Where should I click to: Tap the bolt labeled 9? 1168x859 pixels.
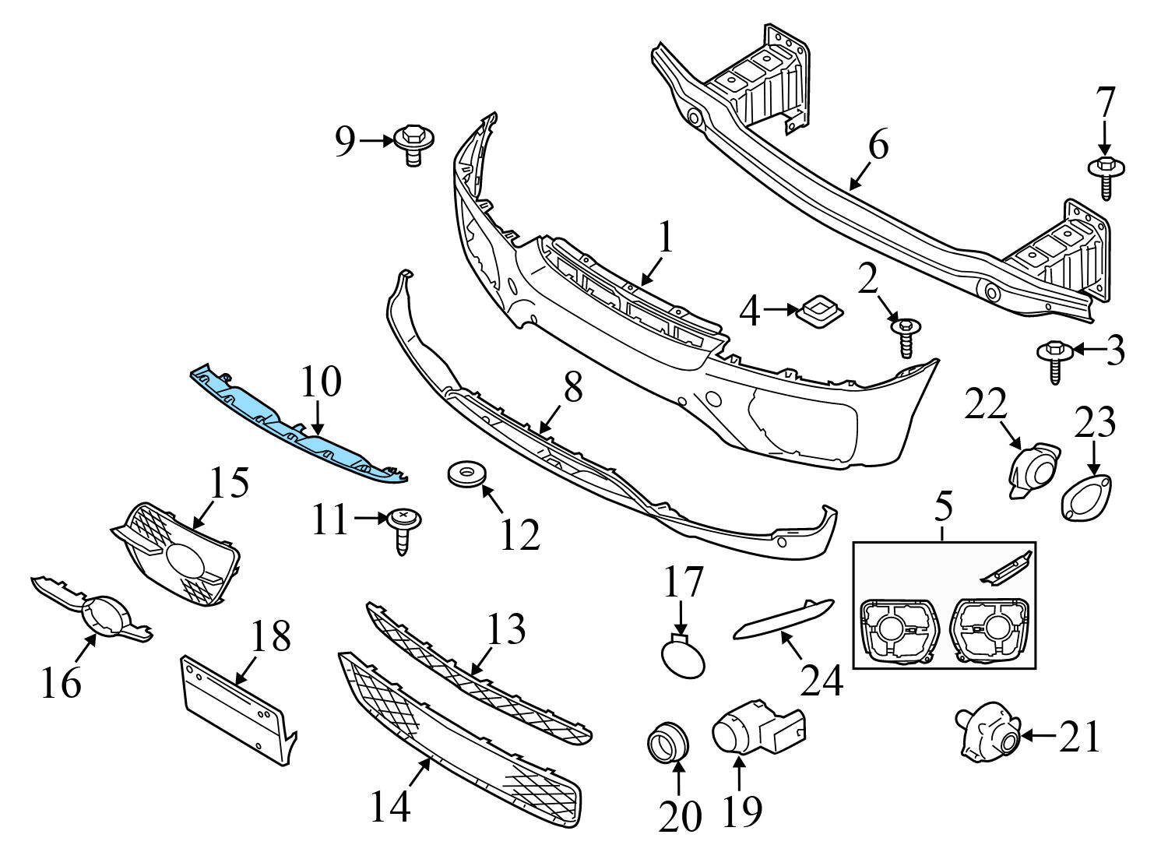[x=413, y=144]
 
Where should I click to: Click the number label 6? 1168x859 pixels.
[x=878, y=145]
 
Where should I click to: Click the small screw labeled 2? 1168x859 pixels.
[x=906, y=333]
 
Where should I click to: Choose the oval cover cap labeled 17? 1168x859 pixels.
[x=683, y=655]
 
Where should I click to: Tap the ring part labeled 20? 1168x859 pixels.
[x=668, y=742]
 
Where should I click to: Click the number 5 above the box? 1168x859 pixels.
[x=943, y=506]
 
